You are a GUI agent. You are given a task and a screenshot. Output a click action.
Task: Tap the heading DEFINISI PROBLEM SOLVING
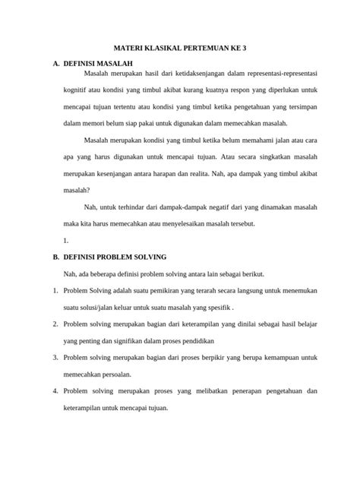pyautogui.click(x=115, y=257)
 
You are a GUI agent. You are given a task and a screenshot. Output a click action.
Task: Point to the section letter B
pyautogui.click(x=55, y=257)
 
